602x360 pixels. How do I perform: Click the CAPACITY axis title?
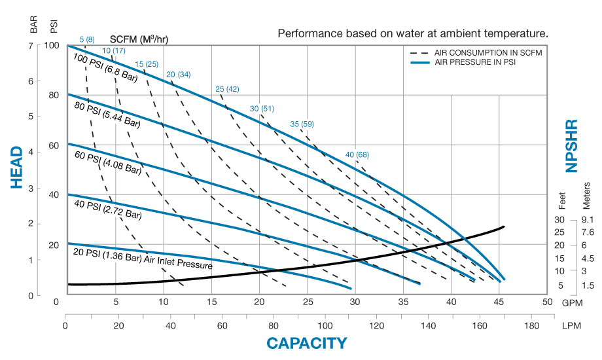click(306, 342)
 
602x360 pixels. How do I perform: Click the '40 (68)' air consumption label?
click(357, 154)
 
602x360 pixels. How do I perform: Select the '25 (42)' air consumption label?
click(226, 88)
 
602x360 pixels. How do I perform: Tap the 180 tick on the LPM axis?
click(531, 325)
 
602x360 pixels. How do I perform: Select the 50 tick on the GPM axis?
click(547, 302)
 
